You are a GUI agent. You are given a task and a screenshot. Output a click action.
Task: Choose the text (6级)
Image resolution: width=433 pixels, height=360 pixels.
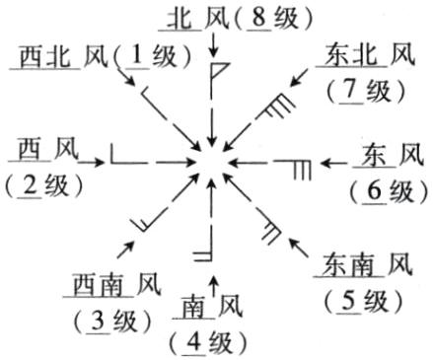386,189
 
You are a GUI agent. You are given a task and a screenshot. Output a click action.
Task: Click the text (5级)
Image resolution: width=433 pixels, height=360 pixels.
361,301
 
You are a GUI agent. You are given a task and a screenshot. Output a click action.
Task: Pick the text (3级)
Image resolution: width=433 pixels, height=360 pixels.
107,322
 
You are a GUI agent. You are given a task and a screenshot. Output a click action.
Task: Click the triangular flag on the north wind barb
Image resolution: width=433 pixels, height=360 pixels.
221,71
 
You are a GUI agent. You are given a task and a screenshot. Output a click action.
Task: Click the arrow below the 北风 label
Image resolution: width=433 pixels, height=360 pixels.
214,44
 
